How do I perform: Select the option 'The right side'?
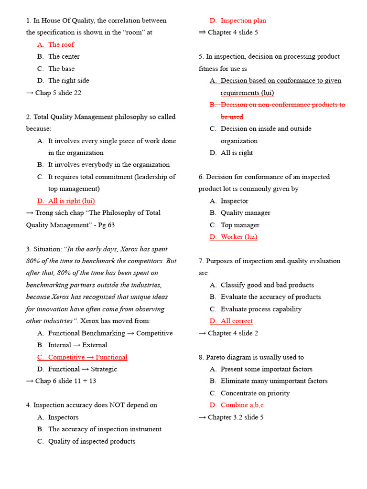pos(68,81)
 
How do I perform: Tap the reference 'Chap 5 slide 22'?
pos(58,93)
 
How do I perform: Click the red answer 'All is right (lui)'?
pos(67,201)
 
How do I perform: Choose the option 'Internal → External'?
pos(77,345)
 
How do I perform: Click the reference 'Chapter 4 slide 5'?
pos(233,32)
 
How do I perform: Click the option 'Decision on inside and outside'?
pos(266,128)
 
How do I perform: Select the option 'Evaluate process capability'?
pos(261,309)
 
